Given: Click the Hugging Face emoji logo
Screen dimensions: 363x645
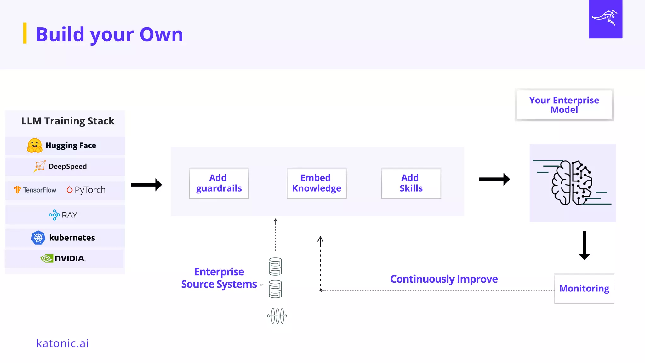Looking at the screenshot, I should point(35,146).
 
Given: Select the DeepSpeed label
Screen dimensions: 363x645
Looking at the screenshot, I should point(67,166).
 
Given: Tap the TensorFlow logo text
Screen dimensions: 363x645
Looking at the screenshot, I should point(39,190).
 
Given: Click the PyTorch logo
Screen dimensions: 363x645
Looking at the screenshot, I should point(86,190).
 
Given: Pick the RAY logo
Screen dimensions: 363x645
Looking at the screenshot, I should point(63,215).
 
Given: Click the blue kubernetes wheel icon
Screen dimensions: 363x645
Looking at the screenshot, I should point(38,238).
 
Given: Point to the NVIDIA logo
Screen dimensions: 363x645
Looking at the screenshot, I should point(63,258).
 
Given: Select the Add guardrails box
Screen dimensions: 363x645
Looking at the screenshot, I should point(219,183).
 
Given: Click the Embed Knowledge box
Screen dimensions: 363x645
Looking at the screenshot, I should point(317,183).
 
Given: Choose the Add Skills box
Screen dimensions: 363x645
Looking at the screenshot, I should point(411,183).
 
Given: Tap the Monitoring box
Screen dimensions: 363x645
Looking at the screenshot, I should point(584,288).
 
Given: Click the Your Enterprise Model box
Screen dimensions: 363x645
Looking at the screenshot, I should point(564,105).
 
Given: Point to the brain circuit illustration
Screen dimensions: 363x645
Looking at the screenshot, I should point(572,183).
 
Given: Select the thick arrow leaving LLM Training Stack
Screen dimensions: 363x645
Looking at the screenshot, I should point(146,185).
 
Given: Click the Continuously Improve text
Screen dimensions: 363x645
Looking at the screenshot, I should point(444,279).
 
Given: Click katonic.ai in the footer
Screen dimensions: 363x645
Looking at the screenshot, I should point(63,343).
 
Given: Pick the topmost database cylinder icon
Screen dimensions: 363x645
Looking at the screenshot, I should point(275,267).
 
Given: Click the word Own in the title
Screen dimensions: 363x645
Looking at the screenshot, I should point(161,34).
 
